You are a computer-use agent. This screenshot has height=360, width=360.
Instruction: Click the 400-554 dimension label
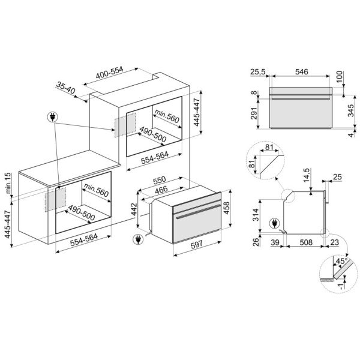pyautogui.click(x=110, y=73)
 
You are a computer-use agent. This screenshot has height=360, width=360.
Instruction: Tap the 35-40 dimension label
pyautogui.click(x=65, y=88)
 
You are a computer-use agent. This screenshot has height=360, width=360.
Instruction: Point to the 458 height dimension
pyautogui.click(x=226, y=208)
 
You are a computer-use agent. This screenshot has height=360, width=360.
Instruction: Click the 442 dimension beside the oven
pyautogui.click(x=134, y=209)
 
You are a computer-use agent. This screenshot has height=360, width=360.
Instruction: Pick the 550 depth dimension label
pyautogui.click(x=160, y=180)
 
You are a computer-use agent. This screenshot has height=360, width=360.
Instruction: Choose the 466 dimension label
pyautogui.click(x=161, y=190)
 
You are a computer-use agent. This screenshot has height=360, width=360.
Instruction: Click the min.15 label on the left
pyautogui.click(x=8, y=183)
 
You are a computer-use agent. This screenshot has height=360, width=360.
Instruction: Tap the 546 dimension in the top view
pyautogui.click(x=301, y=72)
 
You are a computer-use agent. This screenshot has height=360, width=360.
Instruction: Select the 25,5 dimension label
pyautogui.click(x=258, y=72)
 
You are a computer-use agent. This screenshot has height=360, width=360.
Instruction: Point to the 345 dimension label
pyautogui.click(x=350, y=110)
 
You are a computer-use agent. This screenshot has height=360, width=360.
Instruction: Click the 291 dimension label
pyautogui.click(x=254, y=113)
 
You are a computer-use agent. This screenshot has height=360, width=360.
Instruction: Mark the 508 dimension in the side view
pyautogui.click(x=306, y=242)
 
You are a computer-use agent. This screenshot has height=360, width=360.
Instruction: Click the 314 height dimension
pyautogui.click(x=256, y=215)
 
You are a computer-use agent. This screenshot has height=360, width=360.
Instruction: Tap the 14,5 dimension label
pyautogui.click(x=307, y=175)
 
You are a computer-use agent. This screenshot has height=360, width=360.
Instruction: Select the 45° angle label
pyautogui.click(x=342, y=261)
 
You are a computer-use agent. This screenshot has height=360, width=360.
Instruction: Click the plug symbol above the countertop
pyautogui.click(x=53, y=118)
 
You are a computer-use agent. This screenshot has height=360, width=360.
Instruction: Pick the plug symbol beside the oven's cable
pyautogui.click(x=138, y=239)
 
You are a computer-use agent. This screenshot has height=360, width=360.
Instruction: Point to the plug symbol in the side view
pyautogui.click(x=275, y=223)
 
